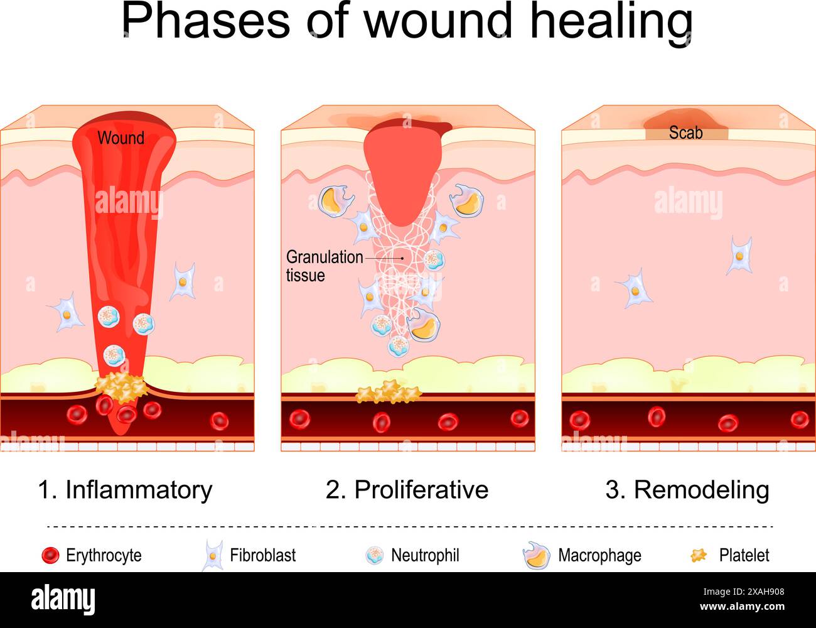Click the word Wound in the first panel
tap(121, 138)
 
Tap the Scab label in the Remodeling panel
tap(685, 133)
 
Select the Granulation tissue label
tap(325, 266)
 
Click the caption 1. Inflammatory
tap(125, 490)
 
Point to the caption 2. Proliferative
tap(407, 490)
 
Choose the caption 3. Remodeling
tap(687, 490)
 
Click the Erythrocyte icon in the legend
tap(50, 556)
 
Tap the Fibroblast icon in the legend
tap(213, 556)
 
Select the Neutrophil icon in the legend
tap(375, 556)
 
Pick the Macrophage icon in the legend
tap(536, 556)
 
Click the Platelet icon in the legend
tap(699, 555)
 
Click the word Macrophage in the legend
tap(599, 556)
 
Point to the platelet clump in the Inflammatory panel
tap(121, 387)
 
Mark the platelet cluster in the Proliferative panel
tap(389, 393)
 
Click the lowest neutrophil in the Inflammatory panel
tap(114, 355)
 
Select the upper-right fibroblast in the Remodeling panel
tap(739, 256)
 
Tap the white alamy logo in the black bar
tap(63, 598)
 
